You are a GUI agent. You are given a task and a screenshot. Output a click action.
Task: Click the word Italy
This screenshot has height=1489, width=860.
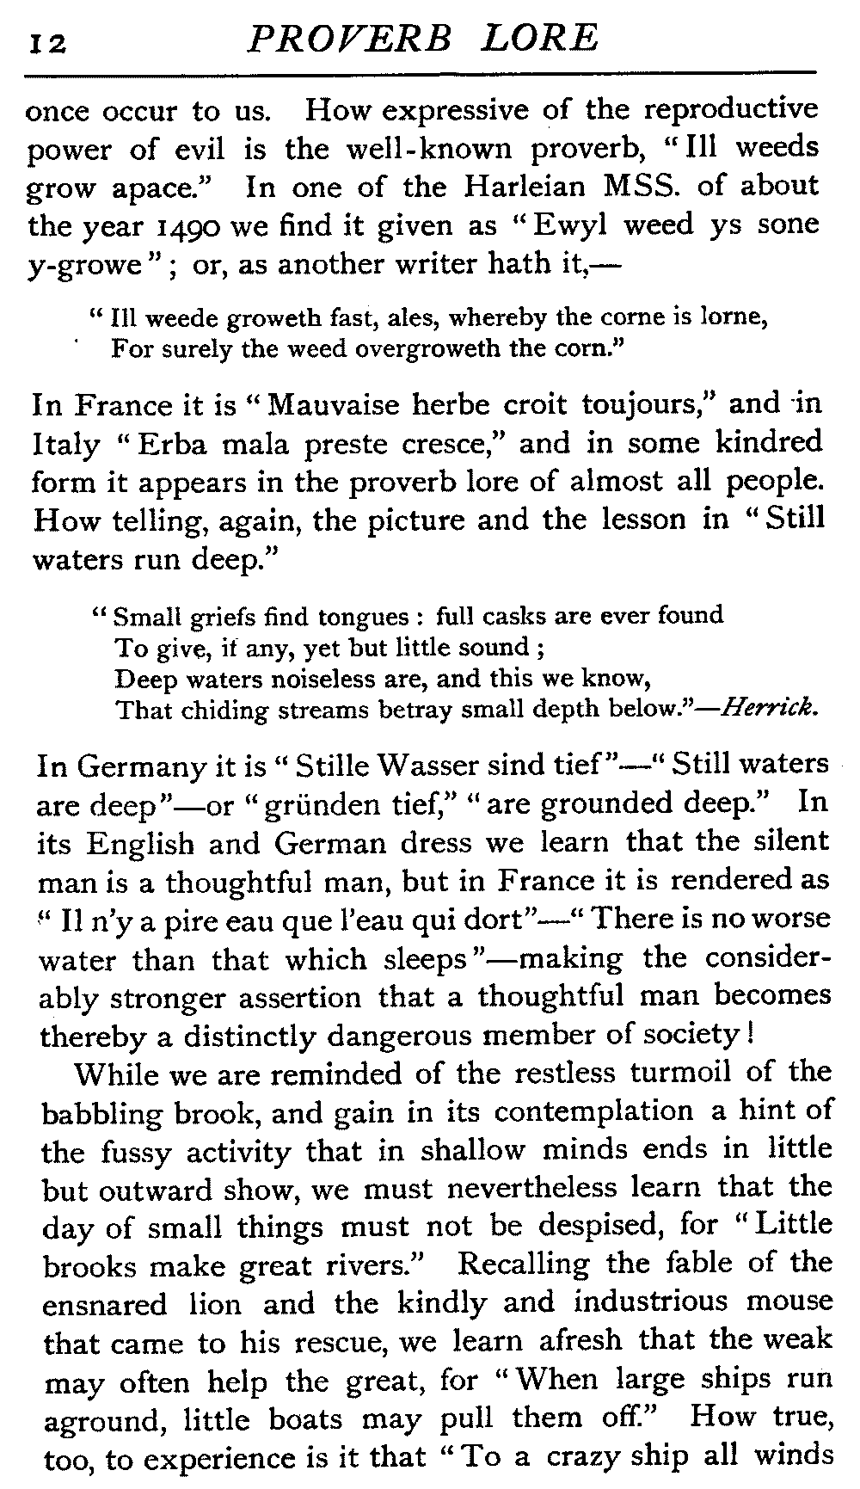coord(66,445)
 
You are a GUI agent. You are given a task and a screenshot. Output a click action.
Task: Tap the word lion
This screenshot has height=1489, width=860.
coord(206,1305)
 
